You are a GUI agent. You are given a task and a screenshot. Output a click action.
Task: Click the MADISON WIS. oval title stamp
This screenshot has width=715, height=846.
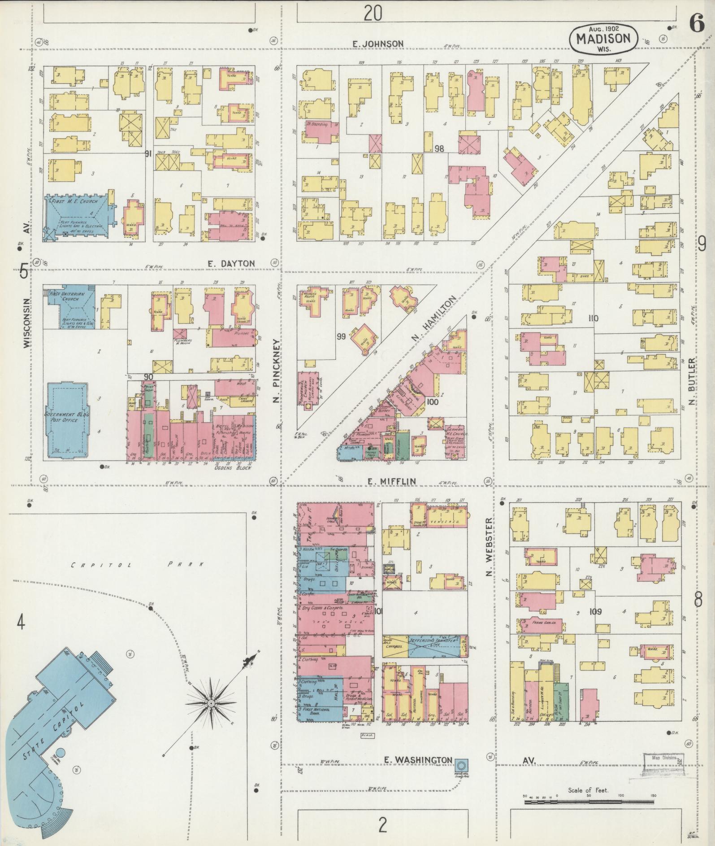(602, 39)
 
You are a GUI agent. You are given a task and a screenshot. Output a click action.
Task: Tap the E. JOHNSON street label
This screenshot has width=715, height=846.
(378, 44)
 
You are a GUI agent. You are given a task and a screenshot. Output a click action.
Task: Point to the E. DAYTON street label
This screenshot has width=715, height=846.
(231, 264)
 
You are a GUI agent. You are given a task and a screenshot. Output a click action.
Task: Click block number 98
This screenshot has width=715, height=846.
(439, 148)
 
